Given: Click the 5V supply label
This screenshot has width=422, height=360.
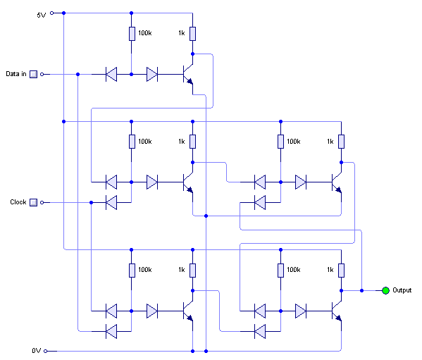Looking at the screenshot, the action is coord(42,15).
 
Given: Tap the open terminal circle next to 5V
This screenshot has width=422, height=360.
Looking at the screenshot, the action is coord(52,13).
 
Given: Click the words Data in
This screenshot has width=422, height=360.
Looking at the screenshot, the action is coord(16,74).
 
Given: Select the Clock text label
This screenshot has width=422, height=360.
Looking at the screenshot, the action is coord(18,201).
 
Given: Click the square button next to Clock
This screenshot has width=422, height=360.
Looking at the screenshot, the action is coord(33,202).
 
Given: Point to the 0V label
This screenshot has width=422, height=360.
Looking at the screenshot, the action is coord(37,351).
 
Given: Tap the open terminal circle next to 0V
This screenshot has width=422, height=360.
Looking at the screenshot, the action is coord(46,351).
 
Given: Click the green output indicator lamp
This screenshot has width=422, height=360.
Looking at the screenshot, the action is coord(385,290).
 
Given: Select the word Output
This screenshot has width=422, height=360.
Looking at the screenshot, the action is coord(402,290).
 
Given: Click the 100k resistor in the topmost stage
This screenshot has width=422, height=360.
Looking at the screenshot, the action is coord(132,34).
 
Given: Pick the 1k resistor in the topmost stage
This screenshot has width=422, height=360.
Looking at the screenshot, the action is coord(193,34).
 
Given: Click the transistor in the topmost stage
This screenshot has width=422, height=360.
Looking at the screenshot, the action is coord(188,74).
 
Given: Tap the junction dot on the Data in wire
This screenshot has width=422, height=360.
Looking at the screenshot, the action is coord(77,74).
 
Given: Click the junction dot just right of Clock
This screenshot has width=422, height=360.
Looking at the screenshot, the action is coord(92,202).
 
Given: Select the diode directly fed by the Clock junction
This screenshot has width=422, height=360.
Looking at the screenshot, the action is coord(111,202).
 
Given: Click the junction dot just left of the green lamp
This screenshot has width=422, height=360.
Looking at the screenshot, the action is coord(361,290).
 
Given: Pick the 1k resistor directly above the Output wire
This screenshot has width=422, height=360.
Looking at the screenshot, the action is coord(341,271).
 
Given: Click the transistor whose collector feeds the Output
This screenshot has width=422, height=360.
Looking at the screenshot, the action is coord(337,311).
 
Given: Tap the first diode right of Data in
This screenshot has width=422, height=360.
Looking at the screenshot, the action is coord(111,74).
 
